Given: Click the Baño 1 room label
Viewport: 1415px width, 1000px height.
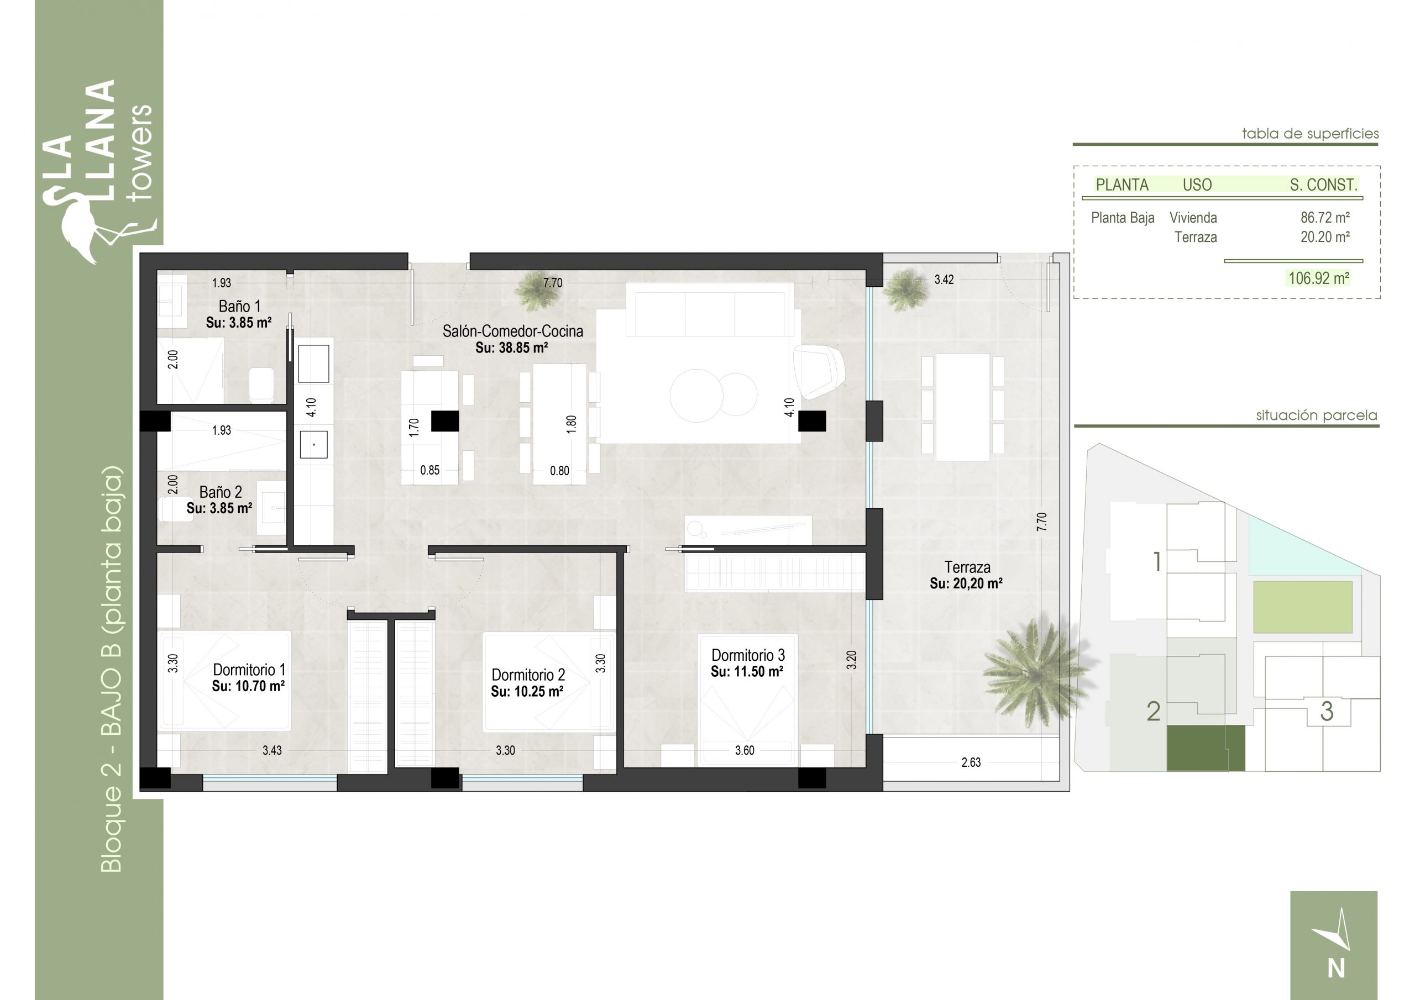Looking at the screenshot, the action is pyautogui.click(x=240, y=306).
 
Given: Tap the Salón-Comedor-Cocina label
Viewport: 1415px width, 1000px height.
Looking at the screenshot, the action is pyautogui.click(x=513, y=331).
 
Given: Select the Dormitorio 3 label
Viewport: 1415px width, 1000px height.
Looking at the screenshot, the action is pyautogui.click(x=748, y=655).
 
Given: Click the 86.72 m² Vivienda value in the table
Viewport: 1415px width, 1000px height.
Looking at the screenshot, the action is pyautogui.click(x=1325, y=218).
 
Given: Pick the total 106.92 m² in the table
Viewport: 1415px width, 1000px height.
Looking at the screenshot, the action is pyautogui.click(x=1319, y=278).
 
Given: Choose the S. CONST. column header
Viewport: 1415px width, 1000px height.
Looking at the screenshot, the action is pyautogui.click(x=1324, y=185).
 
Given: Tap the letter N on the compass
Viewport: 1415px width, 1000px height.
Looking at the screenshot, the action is pyautogui.click(x=1335, y=969).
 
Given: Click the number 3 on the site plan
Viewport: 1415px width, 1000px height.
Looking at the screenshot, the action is pyautogui.click(x=1327, y=712).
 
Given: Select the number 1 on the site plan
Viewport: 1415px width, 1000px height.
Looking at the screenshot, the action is pyautogui.click(x=1157, y=562).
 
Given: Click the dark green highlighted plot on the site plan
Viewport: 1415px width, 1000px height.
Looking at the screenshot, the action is pyautogui.click(x=1206, y=748).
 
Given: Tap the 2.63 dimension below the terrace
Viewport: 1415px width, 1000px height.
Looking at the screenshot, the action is pyautogui.click(x=971, y=763).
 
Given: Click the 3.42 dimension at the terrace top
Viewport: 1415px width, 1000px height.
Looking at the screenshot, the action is pyautogui.click(x=944, y=280).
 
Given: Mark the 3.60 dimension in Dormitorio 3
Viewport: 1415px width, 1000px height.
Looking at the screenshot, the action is pyautogui.click(x=745, y=750).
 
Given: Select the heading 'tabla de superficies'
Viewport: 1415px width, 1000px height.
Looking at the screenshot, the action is pyautogui.click(x=1310, y=134).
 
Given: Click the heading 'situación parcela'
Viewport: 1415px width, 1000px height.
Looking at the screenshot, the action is pyautogui.click(x=1317, y=415).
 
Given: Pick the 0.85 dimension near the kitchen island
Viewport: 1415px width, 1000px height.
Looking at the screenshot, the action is pyautogui.click(x=429, y=471).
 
